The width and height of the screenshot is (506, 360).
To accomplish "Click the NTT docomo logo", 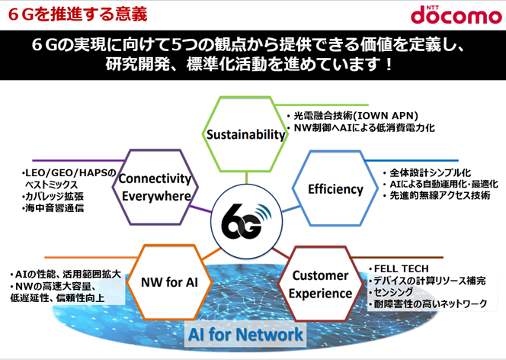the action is tap(456, 14).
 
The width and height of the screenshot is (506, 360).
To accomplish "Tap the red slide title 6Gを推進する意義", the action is tap(78, 14).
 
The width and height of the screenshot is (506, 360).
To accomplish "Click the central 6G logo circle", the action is tap(246, 221).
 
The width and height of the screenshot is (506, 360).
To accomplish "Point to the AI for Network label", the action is tap(245, 335).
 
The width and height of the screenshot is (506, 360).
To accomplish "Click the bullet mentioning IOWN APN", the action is tap(352, 116).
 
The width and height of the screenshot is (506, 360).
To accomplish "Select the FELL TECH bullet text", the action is tap(399, 268).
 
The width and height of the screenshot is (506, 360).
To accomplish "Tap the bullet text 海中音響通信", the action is tap(53, 208).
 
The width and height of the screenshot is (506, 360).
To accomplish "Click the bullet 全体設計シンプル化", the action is tap(427, 172).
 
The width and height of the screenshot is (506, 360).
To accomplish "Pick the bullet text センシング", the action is tap(391, 292).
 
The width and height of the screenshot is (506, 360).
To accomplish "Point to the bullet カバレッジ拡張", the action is tap(53, 196).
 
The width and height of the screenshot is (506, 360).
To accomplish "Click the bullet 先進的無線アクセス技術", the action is tap(437, 195).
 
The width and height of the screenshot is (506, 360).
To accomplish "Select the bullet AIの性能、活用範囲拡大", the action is tap(66, 275).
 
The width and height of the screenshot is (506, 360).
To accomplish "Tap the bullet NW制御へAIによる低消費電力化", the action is tap(360, 128).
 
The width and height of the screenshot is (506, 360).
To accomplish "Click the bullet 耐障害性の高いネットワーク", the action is tap(428, 304).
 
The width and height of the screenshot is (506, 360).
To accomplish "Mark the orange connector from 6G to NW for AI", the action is tap(212, 254).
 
